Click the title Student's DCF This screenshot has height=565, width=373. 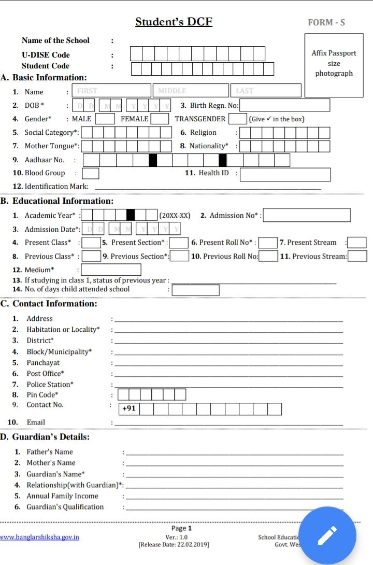174,22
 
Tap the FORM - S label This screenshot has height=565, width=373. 326,22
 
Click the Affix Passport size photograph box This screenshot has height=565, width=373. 334,64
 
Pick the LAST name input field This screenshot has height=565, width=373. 265,91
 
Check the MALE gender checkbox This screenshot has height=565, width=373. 105,119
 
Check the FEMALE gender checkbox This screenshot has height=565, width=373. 160,119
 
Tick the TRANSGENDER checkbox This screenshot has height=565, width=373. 237,119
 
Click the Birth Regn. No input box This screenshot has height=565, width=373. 284,105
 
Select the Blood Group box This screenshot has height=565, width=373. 91,173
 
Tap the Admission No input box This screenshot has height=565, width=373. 307,215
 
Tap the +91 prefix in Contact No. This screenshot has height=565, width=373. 129,408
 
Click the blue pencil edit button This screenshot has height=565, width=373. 327,536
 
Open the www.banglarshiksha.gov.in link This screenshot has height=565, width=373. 39,537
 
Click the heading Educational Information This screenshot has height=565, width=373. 62,201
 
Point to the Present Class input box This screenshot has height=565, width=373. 91,242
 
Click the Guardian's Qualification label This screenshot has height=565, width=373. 65,507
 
